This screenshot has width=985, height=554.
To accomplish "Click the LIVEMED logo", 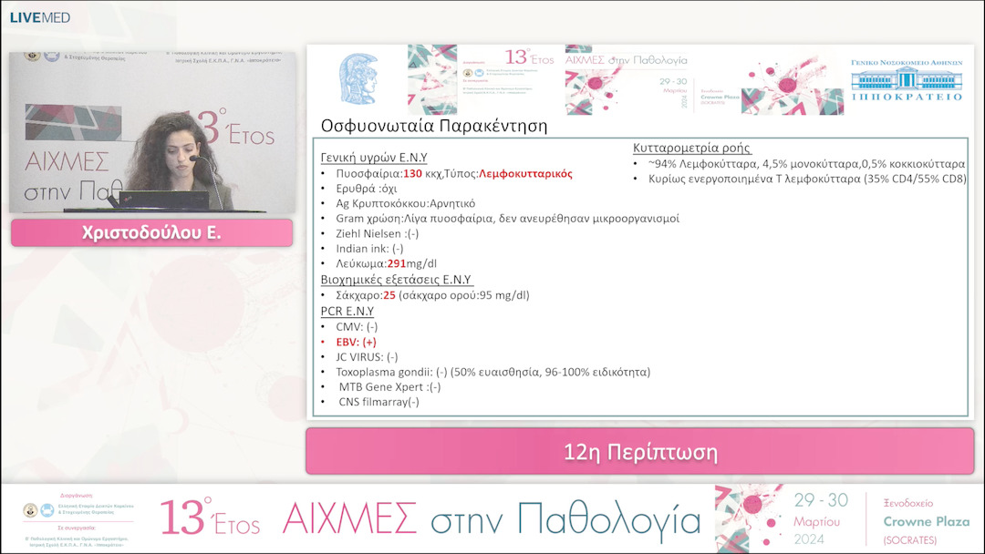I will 39,17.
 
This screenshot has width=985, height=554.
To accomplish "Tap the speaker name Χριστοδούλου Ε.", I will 150,233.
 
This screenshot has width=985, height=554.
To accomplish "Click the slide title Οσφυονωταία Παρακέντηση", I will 434,126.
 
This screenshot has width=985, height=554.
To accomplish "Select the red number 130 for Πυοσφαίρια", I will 413,172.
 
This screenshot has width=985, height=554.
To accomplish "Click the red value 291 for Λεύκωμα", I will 397,264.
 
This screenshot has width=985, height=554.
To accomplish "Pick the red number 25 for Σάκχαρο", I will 389,295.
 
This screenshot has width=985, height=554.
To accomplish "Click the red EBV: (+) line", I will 356,342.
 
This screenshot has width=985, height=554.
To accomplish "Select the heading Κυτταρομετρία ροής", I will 692,148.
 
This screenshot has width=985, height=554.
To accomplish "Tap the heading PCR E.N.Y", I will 347,311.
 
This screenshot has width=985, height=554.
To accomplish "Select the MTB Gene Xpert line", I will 389,387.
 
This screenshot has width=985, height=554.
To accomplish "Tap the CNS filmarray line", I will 378,402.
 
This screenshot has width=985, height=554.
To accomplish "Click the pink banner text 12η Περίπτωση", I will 639,452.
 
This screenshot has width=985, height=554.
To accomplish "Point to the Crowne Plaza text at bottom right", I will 919,521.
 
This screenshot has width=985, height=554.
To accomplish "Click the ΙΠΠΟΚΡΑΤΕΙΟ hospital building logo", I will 906,84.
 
